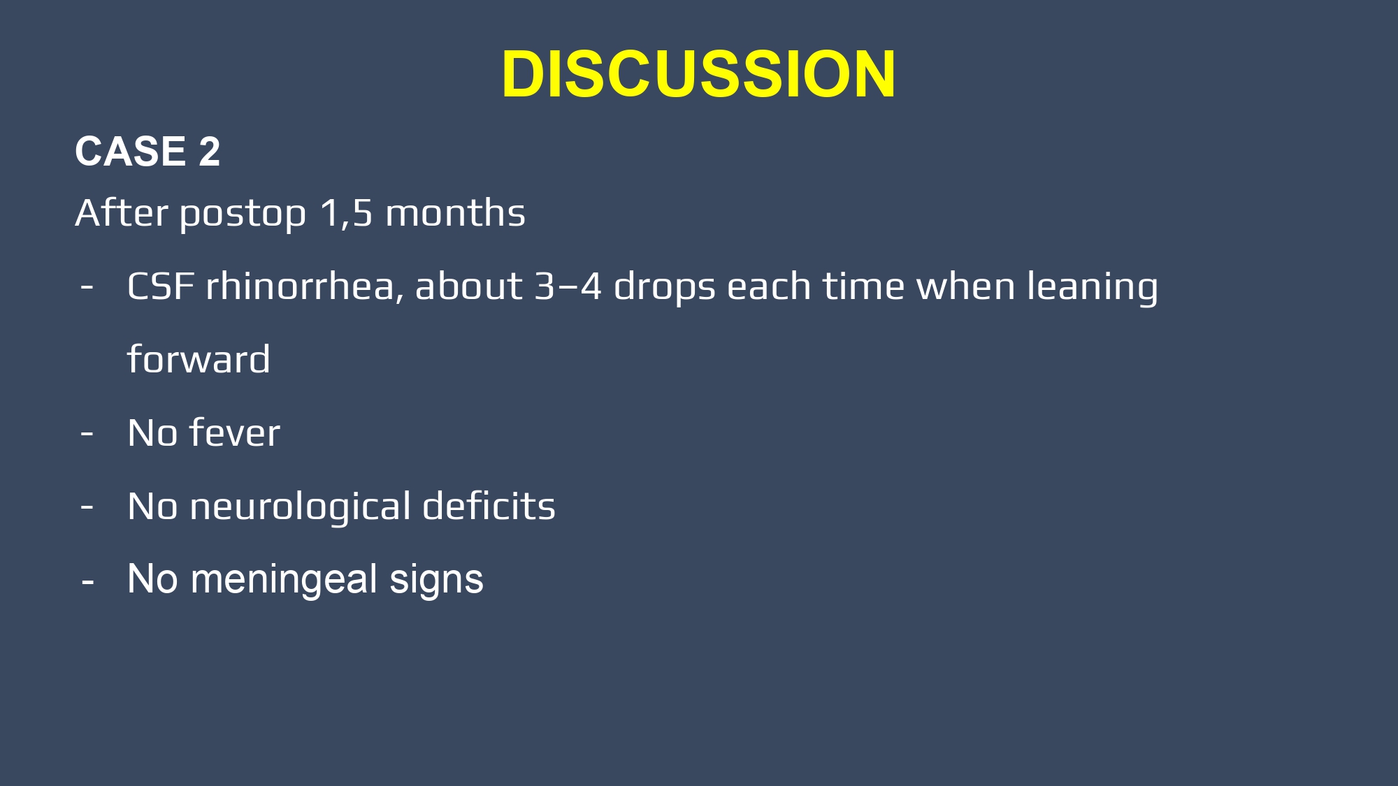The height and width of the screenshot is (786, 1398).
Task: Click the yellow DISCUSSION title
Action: [698, 74]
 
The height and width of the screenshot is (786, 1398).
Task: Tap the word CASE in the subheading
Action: [131, 151]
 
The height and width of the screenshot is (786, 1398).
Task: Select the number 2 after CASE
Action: [210, 151]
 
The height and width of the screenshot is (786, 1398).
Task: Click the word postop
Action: [243, 214]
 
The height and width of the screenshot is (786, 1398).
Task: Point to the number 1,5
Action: [347, 213]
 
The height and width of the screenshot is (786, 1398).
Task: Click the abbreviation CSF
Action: [161, 286]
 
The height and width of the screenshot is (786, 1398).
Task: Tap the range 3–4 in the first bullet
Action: [568, 286]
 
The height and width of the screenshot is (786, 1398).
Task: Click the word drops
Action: [665, 288]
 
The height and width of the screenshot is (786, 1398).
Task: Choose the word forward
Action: [199, 359]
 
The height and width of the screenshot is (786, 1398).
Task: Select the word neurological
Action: [301, 507]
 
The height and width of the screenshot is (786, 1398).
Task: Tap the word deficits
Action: [489, 505]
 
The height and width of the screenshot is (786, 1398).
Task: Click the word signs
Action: [436, 581]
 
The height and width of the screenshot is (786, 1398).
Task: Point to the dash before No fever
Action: [87, 434]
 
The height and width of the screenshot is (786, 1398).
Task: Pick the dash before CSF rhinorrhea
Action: [87, 287]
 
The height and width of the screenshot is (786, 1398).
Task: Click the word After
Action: [122, 212]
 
